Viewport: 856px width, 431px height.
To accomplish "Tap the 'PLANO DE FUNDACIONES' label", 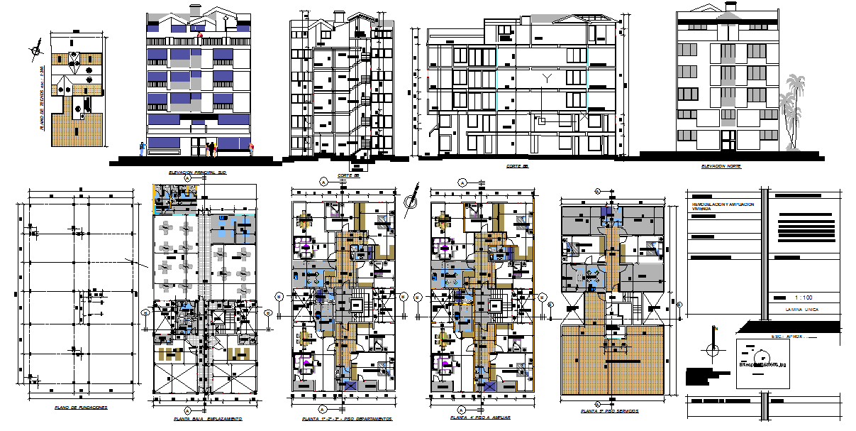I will (81, 408).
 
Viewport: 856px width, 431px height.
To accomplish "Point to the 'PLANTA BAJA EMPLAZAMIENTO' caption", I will (208, 419).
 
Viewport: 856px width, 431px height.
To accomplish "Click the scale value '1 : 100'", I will (804, 298).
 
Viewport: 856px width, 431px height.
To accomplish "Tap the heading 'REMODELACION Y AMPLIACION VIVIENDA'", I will (723, 207).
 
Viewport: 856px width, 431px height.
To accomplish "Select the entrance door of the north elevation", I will (726, 139).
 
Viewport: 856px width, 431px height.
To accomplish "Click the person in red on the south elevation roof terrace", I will (201, 33).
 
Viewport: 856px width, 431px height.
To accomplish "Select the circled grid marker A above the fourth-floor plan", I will (463, 181).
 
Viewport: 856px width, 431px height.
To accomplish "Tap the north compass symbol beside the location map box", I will (713, 350).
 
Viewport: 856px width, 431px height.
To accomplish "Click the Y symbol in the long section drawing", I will (547, 77).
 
